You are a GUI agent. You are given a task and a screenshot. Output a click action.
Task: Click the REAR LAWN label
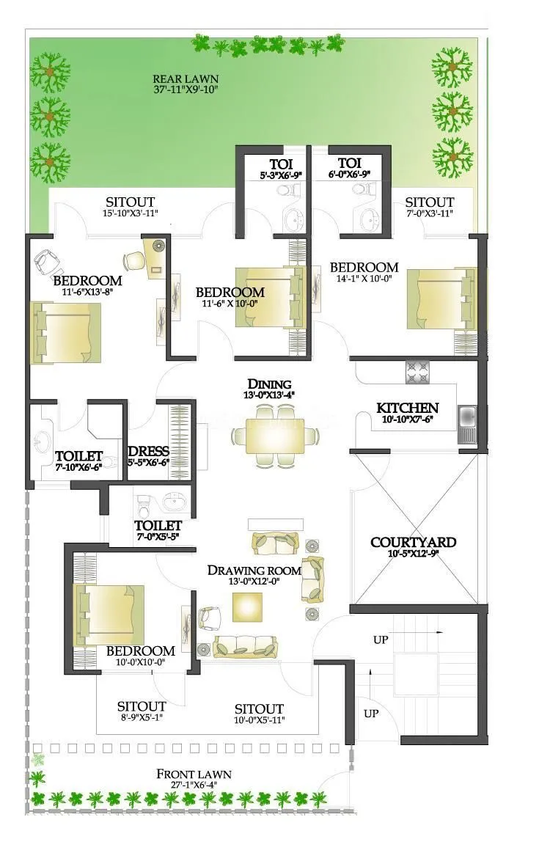[x=186, y=79]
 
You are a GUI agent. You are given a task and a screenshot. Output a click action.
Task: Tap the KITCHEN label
[x=408, y=408]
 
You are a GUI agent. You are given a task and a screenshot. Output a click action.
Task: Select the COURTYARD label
[x=413, y=543]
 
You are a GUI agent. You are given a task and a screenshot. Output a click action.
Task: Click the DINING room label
[x=269, y=384]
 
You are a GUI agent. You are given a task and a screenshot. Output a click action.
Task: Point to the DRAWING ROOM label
[x=254, y=570]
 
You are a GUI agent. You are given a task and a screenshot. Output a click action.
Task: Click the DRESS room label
[x=149, y=451]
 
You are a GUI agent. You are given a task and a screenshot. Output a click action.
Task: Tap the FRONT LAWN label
[x=194, y=774]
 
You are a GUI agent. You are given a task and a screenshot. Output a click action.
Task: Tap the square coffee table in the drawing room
[x=248, y=606]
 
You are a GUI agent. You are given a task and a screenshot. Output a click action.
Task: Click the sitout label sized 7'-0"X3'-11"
[x=429, y=213]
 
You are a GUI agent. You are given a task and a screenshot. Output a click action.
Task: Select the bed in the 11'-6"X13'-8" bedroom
[x=66, y=332]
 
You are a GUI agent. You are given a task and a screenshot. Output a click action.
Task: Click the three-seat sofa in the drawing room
[x=246, y=645]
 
